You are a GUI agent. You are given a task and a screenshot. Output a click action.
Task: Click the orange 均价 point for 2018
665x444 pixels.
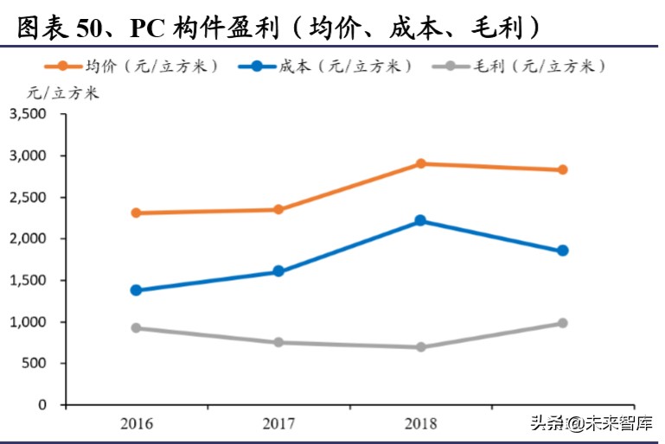420,163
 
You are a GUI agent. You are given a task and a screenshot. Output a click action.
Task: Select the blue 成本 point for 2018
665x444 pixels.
420,220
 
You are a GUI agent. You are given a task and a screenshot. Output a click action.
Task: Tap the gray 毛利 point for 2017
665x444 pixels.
278,342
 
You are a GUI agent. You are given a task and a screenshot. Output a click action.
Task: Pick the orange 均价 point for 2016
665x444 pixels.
137,212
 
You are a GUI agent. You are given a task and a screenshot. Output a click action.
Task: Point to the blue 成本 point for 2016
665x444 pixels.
137,290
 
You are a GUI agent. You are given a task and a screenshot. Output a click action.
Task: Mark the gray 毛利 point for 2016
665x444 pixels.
137,328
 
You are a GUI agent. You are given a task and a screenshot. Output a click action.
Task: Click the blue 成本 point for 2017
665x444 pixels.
278,271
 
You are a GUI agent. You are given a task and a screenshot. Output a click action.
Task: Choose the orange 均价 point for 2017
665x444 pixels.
278,209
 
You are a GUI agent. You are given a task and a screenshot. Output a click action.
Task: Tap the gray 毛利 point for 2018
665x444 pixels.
420,347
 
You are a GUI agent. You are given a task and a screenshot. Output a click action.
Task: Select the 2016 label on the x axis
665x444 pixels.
137,423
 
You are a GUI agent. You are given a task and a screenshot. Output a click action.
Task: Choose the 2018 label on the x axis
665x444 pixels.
420,423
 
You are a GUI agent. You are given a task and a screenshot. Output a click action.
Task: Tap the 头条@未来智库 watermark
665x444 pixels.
591,423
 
